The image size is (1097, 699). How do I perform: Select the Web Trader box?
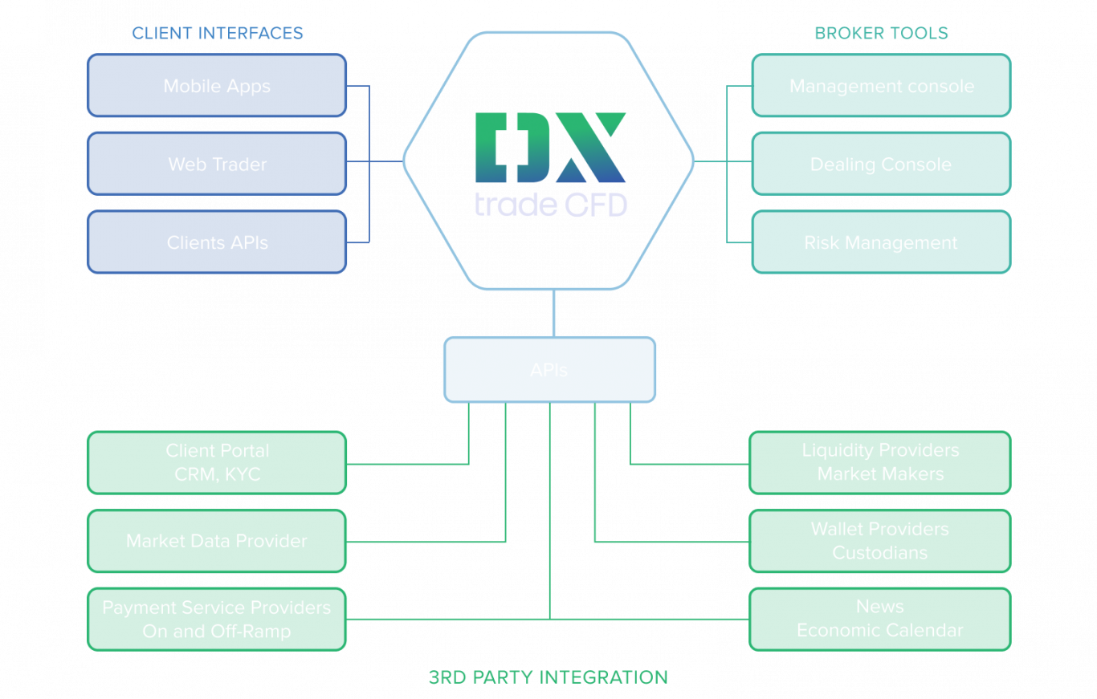(x=217, y=164)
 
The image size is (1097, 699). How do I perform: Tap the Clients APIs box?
(x=217, y=242)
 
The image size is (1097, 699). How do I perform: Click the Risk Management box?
(x=881, y=242)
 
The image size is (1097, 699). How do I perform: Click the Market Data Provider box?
(x=217, y=541)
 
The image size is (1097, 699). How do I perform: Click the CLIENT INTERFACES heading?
(x=218, y=33)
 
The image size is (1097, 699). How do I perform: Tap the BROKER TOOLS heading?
(x=881, y=33)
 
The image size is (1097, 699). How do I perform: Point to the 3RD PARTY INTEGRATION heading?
(x=548, y=677)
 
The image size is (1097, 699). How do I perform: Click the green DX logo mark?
(x=550, y=148)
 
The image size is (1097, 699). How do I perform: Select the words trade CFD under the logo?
(x=550, y=204)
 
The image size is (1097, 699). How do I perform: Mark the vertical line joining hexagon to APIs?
(x=553, y=313)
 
